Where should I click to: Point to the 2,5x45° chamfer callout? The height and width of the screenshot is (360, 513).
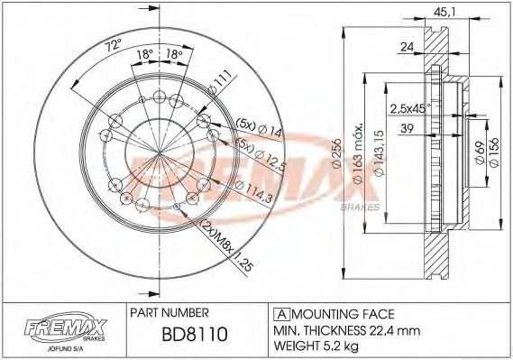tap(410, 108)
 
